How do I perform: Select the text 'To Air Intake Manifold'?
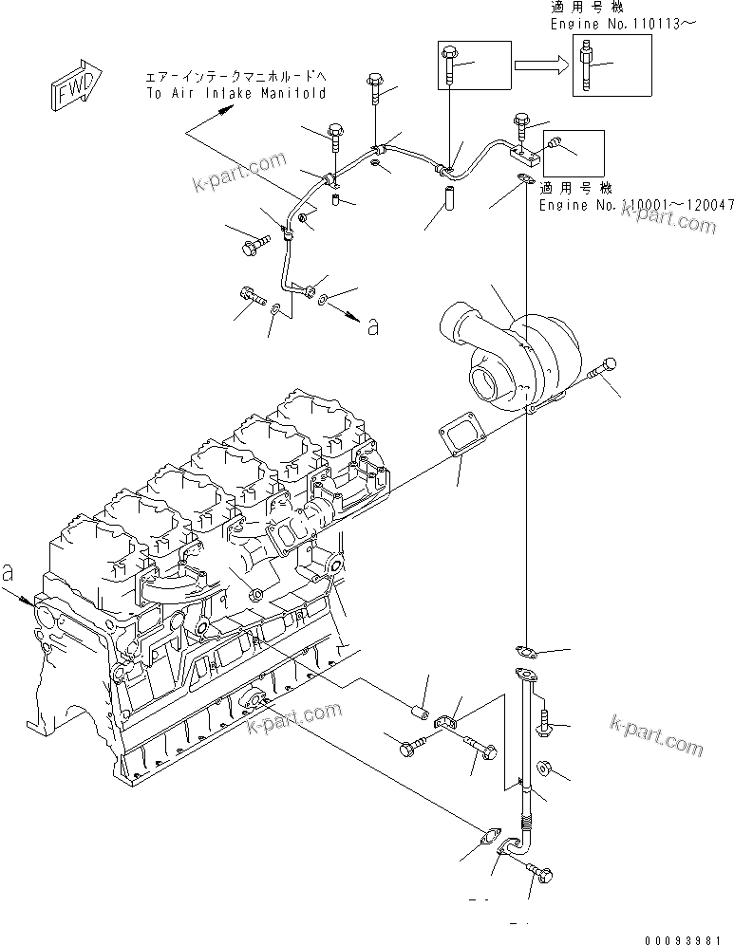coord(235,93)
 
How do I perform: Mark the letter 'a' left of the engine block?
coord(9,573)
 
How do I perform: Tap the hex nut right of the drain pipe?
coord(545,767)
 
